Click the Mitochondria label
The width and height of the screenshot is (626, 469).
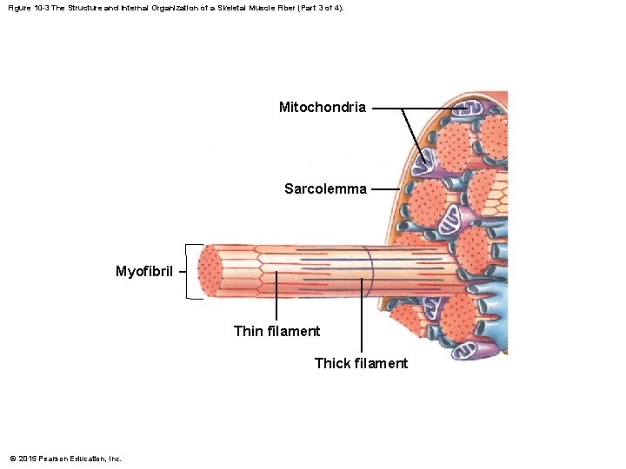click(x=322, y=108)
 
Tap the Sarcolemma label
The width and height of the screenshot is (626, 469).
click(x=325, y=188)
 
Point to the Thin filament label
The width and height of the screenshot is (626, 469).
click(x=276, y=331)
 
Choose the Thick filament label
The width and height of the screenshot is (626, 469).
click(x=361, y=363)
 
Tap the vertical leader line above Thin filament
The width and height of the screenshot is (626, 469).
click(x=276, y=295)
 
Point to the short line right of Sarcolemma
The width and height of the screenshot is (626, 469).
click(x=385, y=188)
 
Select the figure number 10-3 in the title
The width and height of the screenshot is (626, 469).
click(x=38, y=8)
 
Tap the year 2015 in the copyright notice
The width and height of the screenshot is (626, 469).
click(x=25, y=459)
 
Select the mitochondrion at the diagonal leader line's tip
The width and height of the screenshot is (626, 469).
click(x=428, y=160)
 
